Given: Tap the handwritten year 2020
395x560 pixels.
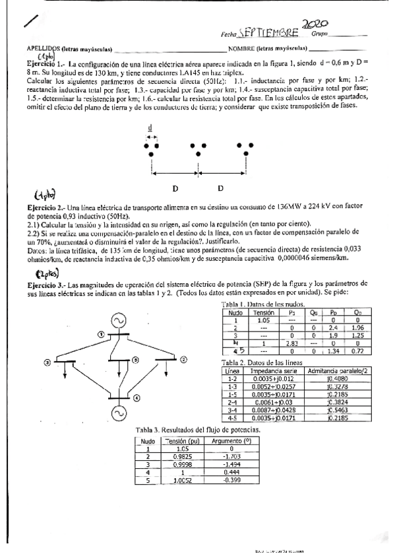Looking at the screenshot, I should pos(316,24).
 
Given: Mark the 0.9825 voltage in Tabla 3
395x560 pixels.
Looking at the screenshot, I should pos(175,456).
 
